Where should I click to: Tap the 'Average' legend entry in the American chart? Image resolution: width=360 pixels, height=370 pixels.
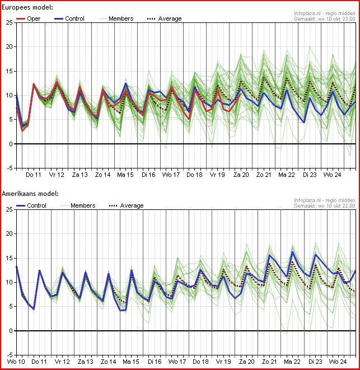tap(132, 205)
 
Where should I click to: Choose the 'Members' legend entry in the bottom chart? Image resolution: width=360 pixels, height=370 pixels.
tap(83, 205)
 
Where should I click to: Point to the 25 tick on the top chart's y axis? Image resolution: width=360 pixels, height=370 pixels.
tap(9, 22)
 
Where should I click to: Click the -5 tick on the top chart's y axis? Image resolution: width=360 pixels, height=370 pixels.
tap(8, 168)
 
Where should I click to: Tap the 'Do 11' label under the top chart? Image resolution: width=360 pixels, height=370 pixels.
tap(34, 175)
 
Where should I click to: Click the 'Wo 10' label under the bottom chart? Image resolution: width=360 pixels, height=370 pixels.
tap(16, 362)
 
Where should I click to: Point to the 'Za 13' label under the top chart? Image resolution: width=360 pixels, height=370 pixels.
tap(80, 175)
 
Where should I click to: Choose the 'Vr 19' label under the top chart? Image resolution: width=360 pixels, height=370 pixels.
tap(218, 175)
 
